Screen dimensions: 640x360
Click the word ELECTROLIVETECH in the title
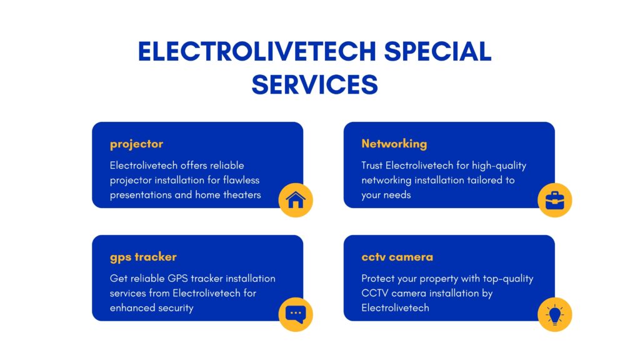coord(257,51)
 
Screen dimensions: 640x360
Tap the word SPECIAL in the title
coord(438,51)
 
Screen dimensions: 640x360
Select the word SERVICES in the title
coord(315,84)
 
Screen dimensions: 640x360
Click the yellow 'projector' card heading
coord(136,144)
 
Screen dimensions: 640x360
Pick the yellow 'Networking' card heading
coord(394,144)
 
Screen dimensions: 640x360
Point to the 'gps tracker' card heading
coord(143,257)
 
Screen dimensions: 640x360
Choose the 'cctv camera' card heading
coord(397,257)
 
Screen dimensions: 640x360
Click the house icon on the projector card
coord(296,200)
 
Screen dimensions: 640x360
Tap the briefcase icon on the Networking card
coord(555,200)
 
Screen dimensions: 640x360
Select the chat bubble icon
coord(296,314)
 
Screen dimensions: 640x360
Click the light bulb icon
coord(555,314)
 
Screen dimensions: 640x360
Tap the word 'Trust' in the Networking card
coord(372,165)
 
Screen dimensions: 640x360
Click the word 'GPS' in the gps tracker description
coord(177,278)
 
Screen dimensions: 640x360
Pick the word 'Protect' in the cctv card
coord(376,278)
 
